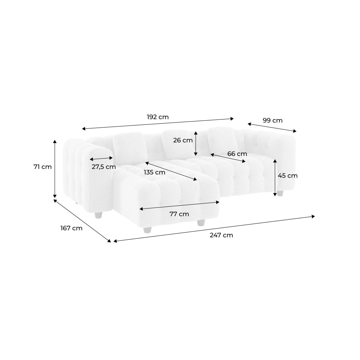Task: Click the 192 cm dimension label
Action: pos(158,117)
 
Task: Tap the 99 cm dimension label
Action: pos(272,121)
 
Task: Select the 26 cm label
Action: pos(183,140)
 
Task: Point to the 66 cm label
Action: pos(237,154)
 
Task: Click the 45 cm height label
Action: pos(288,176)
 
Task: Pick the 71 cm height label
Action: pos(43,167)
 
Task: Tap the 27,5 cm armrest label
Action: pos(104,167)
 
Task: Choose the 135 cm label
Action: pos(155,172)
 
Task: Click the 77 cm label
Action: pos(179,214)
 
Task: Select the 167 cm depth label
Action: pos(71,228)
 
